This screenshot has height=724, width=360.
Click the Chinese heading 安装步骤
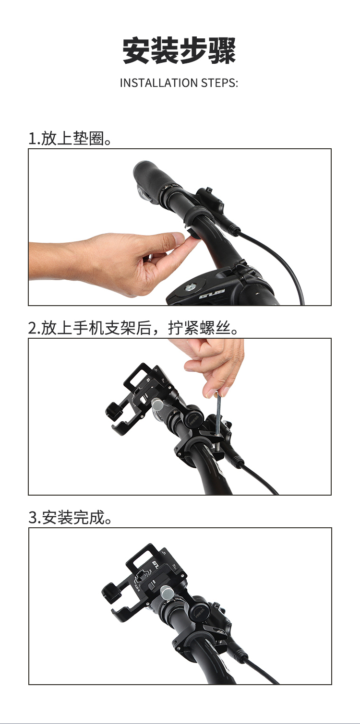[x=179, y=51]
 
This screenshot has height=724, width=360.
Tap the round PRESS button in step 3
[x=199, y=612]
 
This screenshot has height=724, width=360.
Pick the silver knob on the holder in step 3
[x=167, y=592]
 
